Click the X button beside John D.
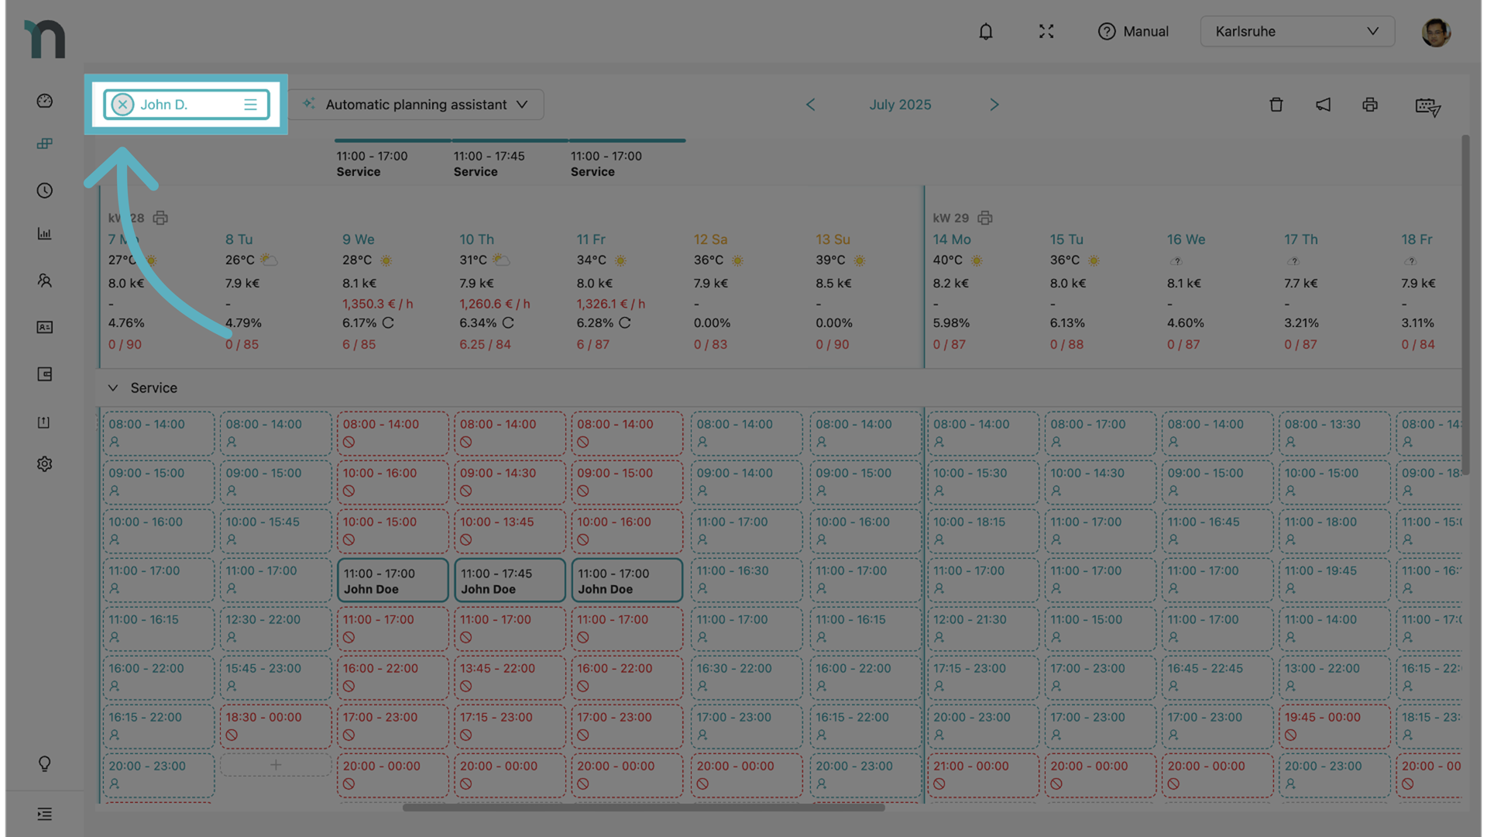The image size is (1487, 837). pyautogui.click(x=122, y=105)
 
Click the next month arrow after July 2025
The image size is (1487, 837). pyautogui.click(x=994, y=105)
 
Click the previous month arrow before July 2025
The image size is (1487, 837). pyautogui.click(x=810, y=105)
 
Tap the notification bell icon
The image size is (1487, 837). pyautogui.click(x=985, y=32)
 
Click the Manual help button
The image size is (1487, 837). pyautogui.click(x=1133, y=32)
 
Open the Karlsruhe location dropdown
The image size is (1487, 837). pyautogui.click(x=1297, y=32)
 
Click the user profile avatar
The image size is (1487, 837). pyautogui.click(x=1435, y=33)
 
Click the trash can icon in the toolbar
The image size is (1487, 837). pyautogui.click(x=1276, y=105)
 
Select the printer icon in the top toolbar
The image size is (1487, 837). pyautogui.click(x=1370, y=105)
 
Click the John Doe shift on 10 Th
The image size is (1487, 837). pyautogui.click(x=510, y=581)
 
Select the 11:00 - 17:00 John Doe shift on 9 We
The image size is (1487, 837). pyautogui.click(x=393, y=581)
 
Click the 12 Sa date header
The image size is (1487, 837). pyautogui.click(x=710, y=239)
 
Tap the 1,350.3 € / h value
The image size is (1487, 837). pyautogui.click(x=377, y=304)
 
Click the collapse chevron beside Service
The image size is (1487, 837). pyautogui.click(x=113, y=387)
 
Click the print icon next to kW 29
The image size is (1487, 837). pyautogui.click(x=985, y=218)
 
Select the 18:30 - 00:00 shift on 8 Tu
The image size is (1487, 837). pyautogui.click(x=275, y=725)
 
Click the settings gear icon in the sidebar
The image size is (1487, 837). pyautogui.click(x=45, y=463)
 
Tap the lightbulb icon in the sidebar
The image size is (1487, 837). pyautogui.click(x=45, y=763)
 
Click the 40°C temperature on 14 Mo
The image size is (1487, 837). pyautogui.click(x=947, y=260)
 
